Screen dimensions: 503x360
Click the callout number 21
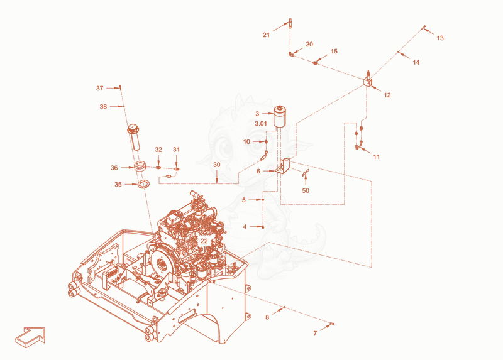point(266,35)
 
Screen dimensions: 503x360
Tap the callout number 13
point(440,38)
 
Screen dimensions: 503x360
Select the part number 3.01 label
point(261,123)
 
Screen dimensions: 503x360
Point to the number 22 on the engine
point(204,241)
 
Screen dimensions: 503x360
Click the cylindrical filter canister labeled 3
point(280,116)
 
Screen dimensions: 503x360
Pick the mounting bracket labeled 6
point(283,166)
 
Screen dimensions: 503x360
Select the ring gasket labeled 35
point(143,185)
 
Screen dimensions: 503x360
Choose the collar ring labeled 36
point(140,166)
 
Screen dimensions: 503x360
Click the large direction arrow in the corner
point(30,337)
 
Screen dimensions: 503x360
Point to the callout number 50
point(306,191)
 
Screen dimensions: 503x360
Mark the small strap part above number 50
point(305,173)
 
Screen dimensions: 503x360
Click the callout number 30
point(217,165)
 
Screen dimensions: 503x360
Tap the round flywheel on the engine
point(162,264)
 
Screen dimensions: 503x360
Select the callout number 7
point(315,334)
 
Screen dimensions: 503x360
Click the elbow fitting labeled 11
point(358,146)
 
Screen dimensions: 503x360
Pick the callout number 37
point(100,88)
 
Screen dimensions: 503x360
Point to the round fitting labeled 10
point(266,141)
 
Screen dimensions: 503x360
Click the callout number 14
point(416,62)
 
